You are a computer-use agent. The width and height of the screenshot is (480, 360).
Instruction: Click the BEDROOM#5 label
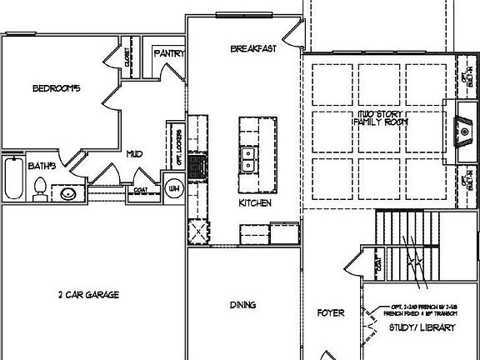tap(55, 88)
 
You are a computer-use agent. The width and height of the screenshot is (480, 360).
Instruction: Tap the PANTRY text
tap(168, 53)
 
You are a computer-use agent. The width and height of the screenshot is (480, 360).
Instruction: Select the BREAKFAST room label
tap(253, 50)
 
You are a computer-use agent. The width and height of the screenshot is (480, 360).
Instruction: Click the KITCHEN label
tap(255, 202)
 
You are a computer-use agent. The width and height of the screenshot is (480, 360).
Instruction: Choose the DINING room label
tap(242, 304)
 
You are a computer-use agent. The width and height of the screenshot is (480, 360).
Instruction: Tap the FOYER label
tap(331, 313)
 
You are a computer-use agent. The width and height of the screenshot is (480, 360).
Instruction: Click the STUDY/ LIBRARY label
tap(423, 327)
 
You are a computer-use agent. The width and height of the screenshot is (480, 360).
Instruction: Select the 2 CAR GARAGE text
tap(89, 294)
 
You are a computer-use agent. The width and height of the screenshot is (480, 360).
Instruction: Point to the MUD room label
tap(134, 153)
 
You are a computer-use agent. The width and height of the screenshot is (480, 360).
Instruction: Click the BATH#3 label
tap(42, 166)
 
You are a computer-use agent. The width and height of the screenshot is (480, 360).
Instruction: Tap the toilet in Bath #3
tap(38, 191)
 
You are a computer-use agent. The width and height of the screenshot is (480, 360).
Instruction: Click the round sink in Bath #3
tap(68, 194)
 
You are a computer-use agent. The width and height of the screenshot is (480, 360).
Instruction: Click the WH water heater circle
tap(174, 188)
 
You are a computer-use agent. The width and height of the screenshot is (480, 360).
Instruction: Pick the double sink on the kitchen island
tap(248, 158)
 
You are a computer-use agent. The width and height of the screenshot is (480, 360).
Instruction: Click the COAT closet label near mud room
tap(140, 190)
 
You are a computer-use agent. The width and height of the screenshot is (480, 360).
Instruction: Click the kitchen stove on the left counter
tap(196, 167)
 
